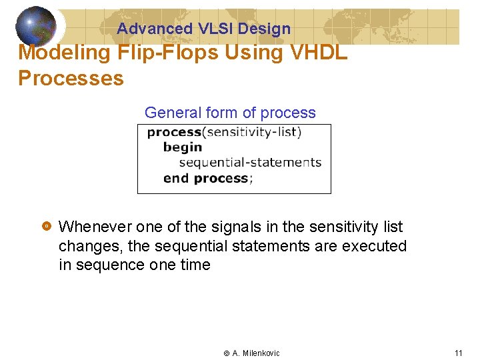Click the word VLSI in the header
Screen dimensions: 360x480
tap(215, 29)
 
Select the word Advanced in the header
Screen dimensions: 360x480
tap(155, 29)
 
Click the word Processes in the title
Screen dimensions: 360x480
tap(71, 78)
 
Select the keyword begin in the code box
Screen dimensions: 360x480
tap(183, 147)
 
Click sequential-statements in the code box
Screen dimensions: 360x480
tap(250, 163)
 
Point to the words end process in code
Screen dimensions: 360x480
tap(205, 178)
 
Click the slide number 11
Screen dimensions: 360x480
tap(458, 353)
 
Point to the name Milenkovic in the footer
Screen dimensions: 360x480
tap(261, 353)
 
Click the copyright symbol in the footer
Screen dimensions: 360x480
tap(226, 353)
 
